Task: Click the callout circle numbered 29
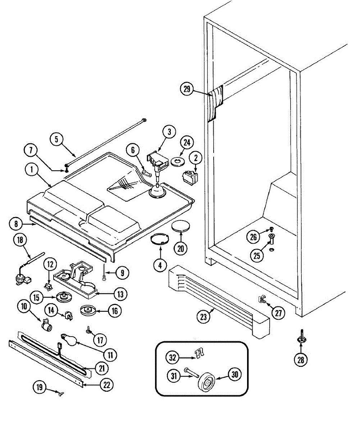coord(187,90)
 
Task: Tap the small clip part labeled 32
coord(197,354)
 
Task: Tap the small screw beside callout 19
coord(61,394)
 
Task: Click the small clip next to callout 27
coord(261,298)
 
